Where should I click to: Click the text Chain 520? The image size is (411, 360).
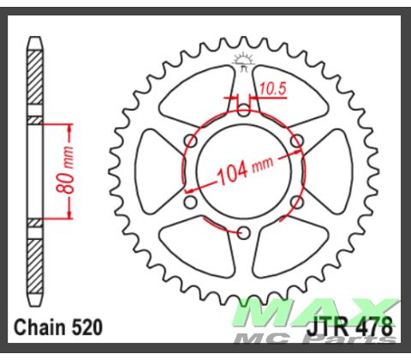pos(59,327)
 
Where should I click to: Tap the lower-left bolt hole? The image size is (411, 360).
pos(190,202)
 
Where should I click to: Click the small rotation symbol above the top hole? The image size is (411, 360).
pos(242,61)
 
